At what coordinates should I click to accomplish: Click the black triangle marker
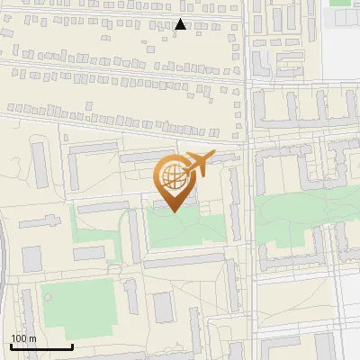181,25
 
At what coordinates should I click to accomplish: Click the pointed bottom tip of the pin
175,211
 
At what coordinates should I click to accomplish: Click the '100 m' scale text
24,338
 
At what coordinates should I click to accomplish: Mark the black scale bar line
41,346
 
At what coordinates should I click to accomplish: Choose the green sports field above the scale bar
77,304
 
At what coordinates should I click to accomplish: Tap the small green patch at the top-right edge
340,3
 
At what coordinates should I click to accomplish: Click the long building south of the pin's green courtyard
184,260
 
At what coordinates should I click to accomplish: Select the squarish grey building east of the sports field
162,307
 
